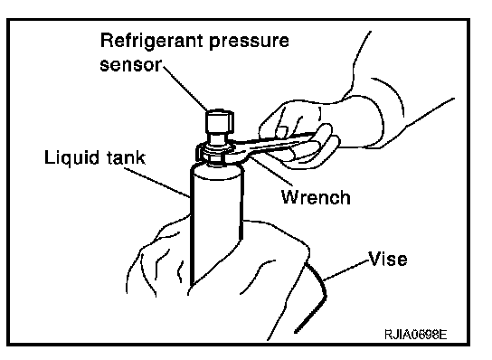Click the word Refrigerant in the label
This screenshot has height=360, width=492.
click(x=152, y=42)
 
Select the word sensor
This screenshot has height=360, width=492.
click(x=130, y=65)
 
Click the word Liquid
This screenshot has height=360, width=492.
click(x=71, y=157)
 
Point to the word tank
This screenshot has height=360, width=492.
click(x=126, y=157)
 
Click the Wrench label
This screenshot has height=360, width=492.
click(x=316, y=197)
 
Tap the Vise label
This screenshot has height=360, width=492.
click(x=388, y=259)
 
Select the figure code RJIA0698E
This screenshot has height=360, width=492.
click(x=415, y=335)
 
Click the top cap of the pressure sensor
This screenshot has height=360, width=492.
click(x=220, y=121)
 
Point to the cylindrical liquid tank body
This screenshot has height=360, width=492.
click(x=216, y=226)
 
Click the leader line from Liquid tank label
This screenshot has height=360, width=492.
click(x=156, y=183)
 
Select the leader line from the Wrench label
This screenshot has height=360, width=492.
click(x=270, y=171)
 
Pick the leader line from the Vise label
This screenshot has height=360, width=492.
click(x=345, y=270)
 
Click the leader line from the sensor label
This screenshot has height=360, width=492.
click(x=184, y=87)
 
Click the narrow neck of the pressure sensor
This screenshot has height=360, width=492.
click(x=218, y=138)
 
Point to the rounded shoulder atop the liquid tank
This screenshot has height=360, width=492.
click(x=216, y=171)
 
